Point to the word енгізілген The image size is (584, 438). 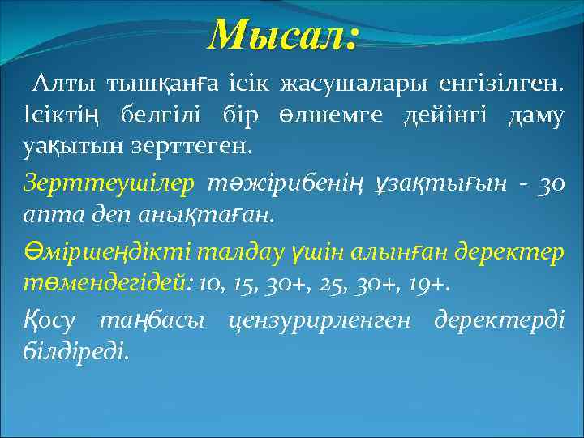[x=501, y=84]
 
